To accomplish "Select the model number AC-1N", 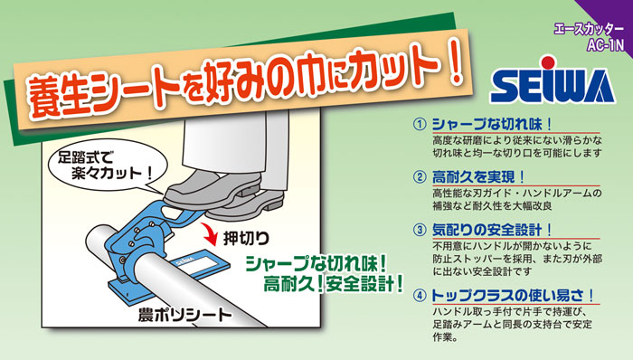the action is [x=606, y=45].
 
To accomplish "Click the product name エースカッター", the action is [x=589, y=30].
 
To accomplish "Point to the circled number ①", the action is [x=420, y=124].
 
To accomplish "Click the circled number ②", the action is [x=420, y=176].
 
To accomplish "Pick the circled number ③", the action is [x=420, y=230].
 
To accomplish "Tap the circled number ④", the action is [x=420, y=296].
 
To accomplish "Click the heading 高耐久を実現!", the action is [x=478, y=176].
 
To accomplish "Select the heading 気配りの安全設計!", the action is [x=492, y=230].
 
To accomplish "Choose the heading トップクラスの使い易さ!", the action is [x=513, y=296].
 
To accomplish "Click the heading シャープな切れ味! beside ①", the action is [x=492, y=124].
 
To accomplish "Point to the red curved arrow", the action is [x=212, y=236].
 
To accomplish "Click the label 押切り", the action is [x=246, y=238].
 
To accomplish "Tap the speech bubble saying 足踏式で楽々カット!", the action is [x=107, y=166].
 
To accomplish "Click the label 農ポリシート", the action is [x=184, y=315].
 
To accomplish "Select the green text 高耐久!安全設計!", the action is [x=333, y=284].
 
